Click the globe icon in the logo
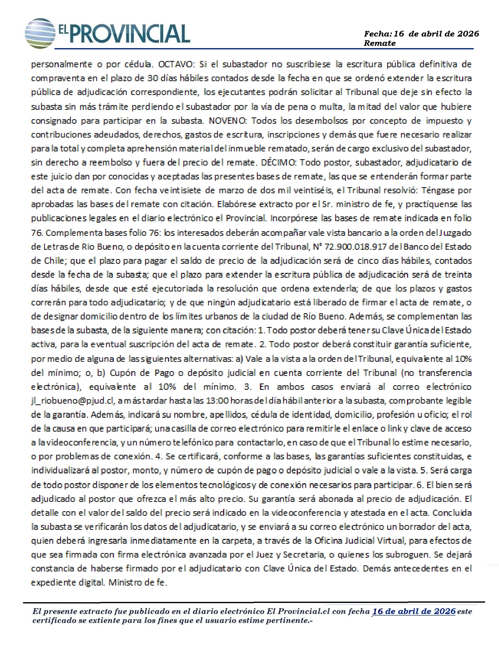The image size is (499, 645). coord(40,33)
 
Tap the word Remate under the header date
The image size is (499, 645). coord(379,43)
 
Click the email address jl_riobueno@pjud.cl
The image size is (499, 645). coord(72,401)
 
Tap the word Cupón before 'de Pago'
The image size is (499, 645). coord(122,373)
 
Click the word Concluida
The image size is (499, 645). coord(452,513)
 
